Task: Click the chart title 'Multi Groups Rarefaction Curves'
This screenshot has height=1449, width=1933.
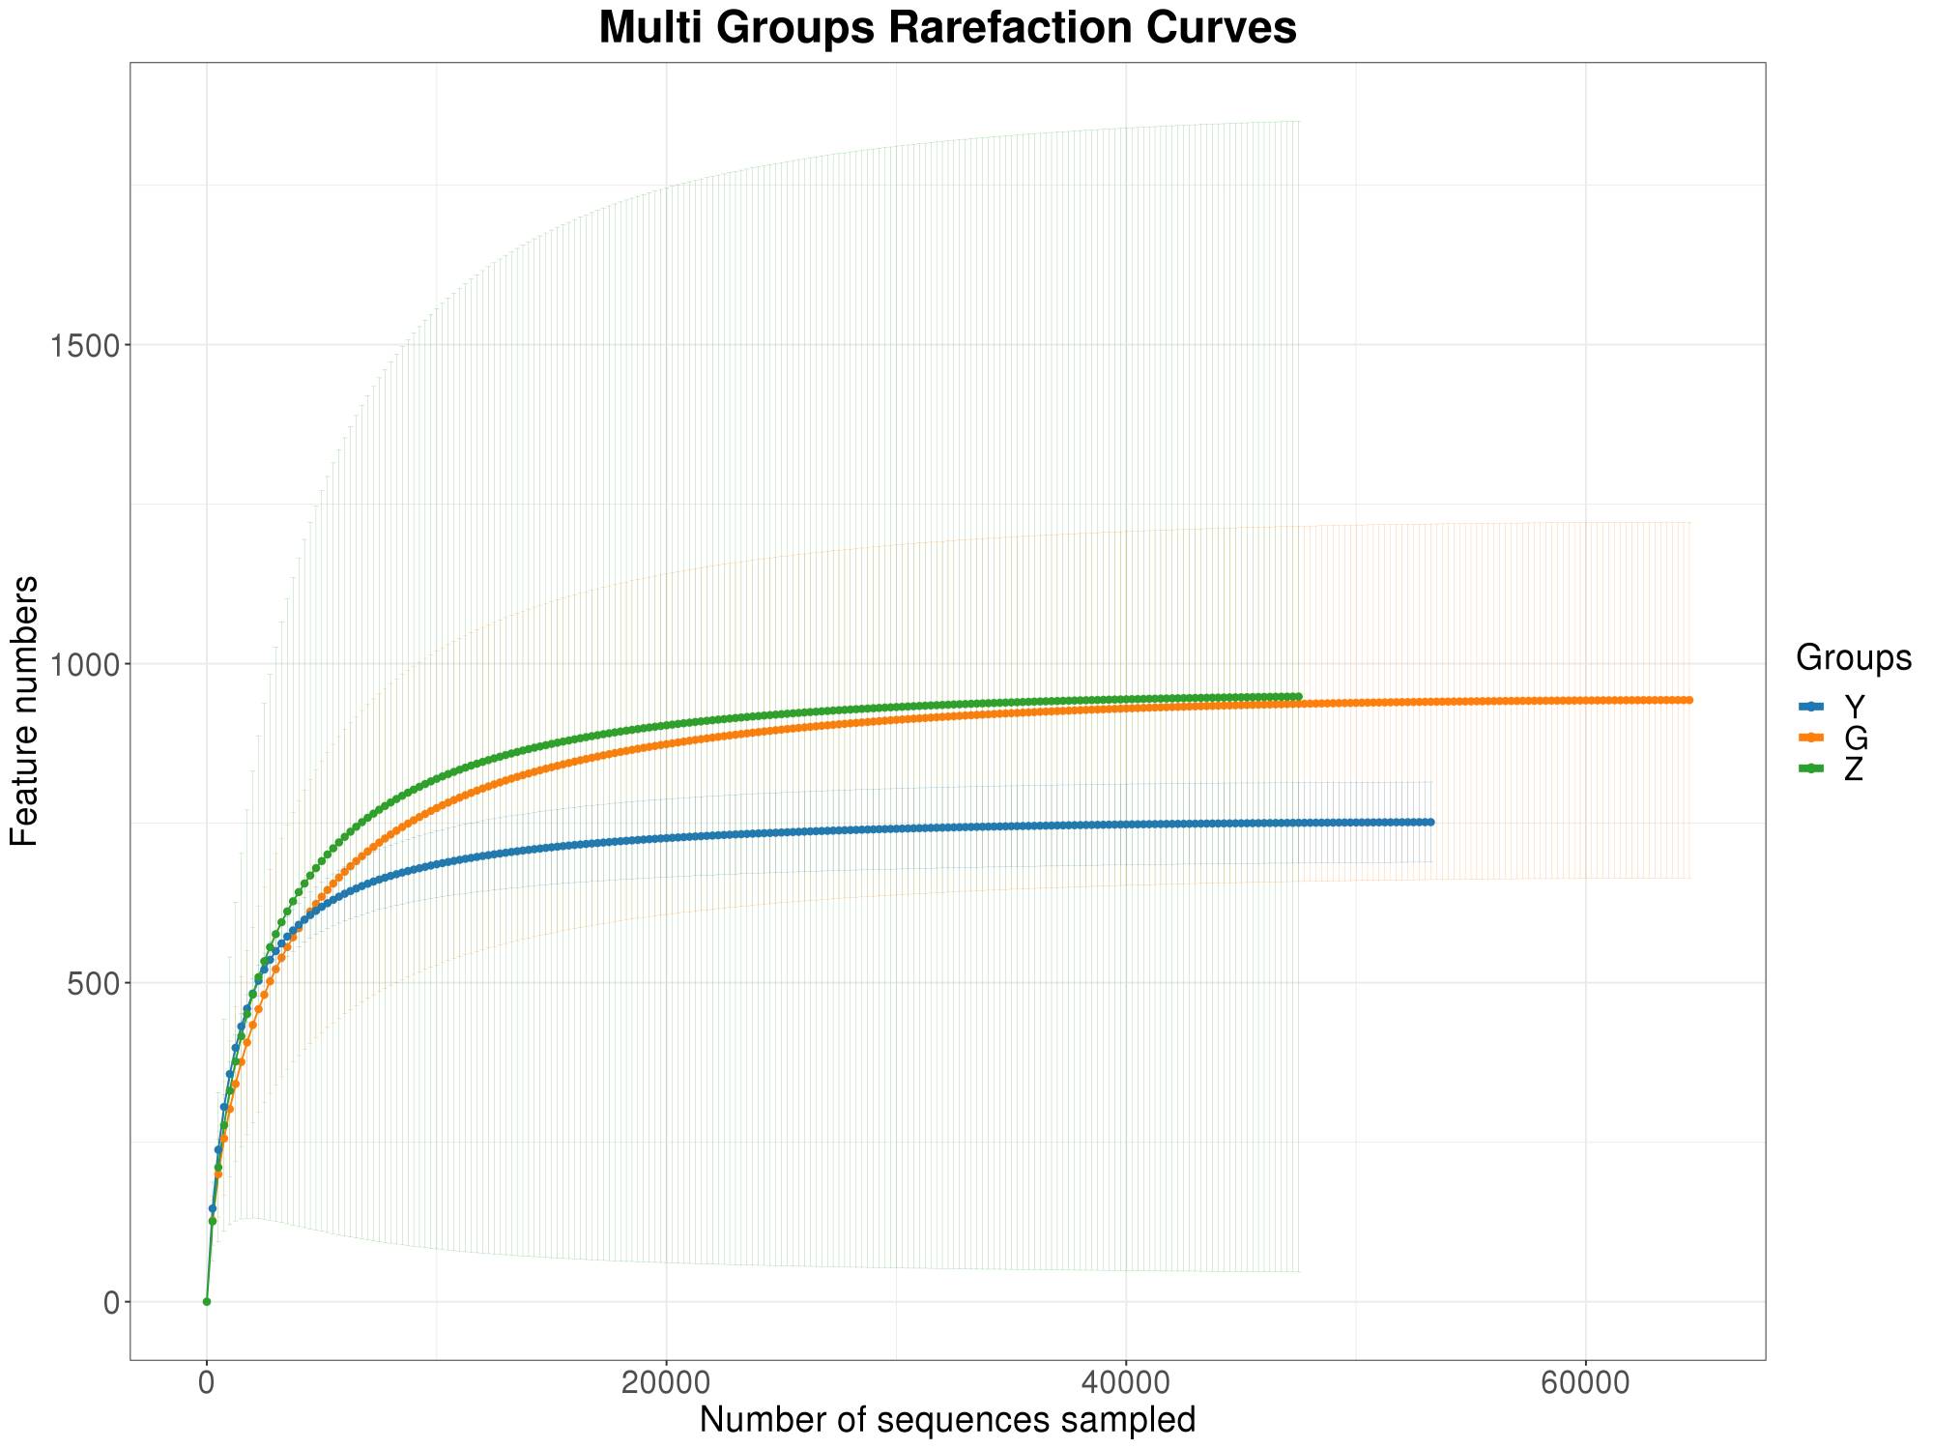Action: [x=947, y=28]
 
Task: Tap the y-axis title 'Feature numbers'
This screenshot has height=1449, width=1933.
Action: [x=25, y=710]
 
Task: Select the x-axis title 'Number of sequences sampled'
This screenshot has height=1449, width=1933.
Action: [x=947, y=1420]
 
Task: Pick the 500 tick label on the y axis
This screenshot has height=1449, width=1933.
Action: [x=93, y=983]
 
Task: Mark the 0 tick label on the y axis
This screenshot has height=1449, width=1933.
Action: [x=111, y=1302]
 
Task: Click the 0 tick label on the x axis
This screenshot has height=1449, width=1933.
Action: [x=206, y=1381]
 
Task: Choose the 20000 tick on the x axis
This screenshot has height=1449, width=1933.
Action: [x=666, y=1381]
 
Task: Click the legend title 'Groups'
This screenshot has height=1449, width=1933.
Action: [x=1853, y=658]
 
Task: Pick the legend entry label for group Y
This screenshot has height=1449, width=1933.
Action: [x=1854, y=707]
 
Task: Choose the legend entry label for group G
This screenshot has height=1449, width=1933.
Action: [x=1856, y=739]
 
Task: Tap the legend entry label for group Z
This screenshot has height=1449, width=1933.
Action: [x=1854, y=769]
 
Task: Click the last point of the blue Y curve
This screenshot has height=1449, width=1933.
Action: [x=1431, y=822]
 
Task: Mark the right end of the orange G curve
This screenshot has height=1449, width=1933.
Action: [x=1689, y=700]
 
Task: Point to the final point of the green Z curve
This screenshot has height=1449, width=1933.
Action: [x=1299, y=696]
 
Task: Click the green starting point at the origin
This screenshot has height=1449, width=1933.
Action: [x=206, y=1302]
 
